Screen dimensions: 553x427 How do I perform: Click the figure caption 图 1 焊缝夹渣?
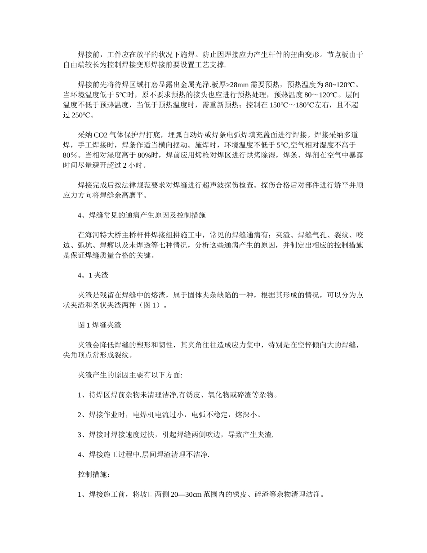[99, 325]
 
